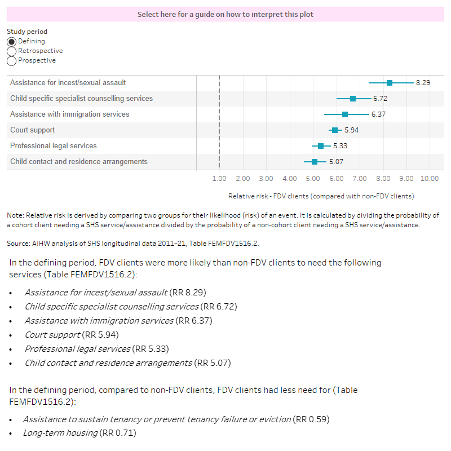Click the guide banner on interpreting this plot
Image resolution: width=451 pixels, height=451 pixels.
[x=225, y=14]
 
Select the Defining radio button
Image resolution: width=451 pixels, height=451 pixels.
[x=11, y=42]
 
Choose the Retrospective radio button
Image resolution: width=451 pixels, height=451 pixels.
[x=11, y=51]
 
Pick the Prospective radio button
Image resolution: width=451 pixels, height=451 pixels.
[x=11, y=61]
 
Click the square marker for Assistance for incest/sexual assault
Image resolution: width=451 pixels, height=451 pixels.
[x=390, y=83]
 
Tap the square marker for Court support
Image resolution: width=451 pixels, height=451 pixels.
[x=335, y=130]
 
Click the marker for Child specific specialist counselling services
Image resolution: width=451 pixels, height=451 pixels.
[x=353, y=99]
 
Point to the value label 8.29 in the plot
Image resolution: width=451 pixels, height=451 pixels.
[x=423, y=83]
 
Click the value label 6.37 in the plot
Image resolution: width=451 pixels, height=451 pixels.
[x=378, y=114]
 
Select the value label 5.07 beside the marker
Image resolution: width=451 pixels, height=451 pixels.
[x=336, y=162]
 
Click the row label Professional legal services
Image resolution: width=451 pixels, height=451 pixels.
[x=54, y=146]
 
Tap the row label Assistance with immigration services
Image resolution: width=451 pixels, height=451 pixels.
[x=69, y=114]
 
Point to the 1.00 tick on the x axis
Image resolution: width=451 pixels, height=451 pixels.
[x=219, y=179]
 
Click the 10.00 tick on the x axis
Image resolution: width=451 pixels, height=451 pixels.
[x=429, y=179]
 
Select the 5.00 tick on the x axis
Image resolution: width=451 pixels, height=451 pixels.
[x=312, y=179]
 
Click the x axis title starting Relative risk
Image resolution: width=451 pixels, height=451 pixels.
[x=321, y=196]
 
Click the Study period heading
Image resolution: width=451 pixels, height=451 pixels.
[x=27, y=32]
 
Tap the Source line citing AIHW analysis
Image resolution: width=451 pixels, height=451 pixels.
[x=132, y=244]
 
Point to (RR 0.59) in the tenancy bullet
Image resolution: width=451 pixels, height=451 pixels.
[x=311, y=419]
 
